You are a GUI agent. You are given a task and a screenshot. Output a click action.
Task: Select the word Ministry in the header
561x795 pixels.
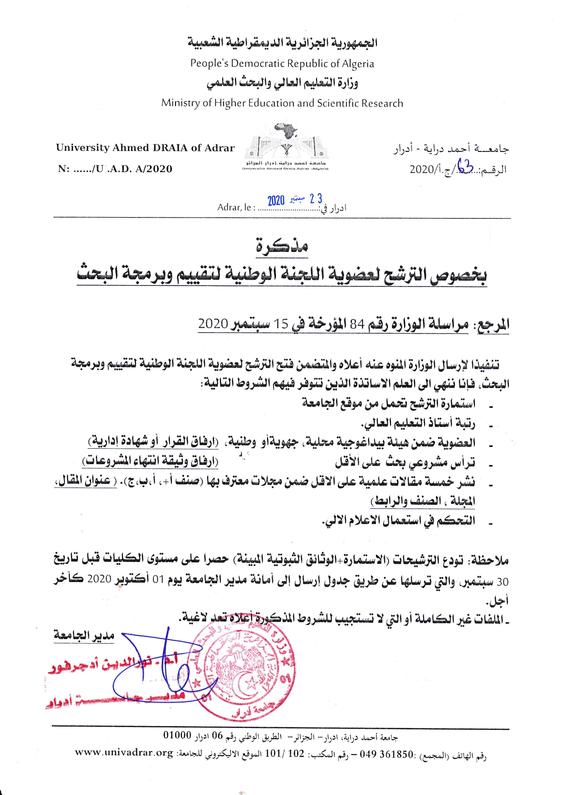180,103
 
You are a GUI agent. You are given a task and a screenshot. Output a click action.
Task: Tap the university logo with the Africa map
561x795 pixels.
286,145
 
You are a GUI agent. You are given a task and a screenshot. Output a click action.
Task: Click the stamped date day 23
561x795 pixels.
316,199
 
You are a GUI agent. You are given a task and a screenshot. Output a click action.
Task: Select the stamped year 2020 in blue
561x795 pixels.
276,201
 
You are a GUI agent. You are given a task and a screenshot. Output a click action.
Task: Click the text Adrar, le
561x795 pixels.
234,208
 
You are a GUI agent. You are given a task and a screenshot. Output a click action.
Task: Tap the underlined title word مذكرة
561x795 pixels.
282,245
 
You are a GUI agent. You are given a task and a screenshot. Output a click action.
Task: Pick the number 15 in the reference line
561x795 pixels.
281,324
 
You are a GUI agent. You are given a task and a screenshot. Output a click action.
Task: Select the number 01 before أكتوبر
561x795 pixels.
158,580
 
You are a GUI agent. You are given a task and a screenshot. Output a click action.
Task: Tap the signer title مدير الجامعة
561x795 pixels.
84,636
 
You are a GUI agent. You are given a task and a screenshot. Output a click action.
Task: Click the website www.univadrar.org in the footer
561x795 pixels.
124,753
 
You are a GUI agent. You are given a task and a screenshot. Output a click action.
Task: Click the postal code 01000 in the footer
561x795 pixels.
177,735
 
